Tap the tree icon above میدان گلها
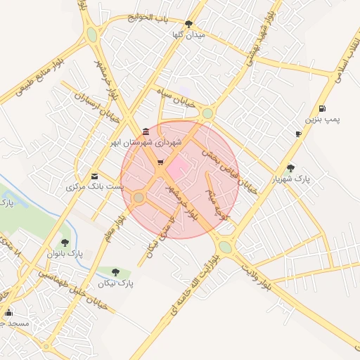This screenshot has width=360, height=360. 187,24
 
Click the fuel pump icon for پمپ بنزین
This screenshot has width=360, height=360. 322,108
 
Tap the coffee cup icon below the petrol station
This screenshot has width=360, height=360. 298,134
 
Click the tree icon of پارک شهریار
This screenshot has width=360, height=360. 291,168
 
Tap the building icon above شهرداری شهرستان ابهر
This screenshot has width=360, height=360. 145,131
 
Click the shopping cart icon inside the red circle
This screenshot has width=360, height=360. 160,163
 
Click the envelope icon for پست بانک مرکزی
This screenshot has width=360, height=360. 95,176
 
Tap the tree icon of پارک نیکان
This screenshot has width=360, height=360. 116,272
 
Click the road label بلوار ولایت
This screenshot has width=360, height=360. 266,276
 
